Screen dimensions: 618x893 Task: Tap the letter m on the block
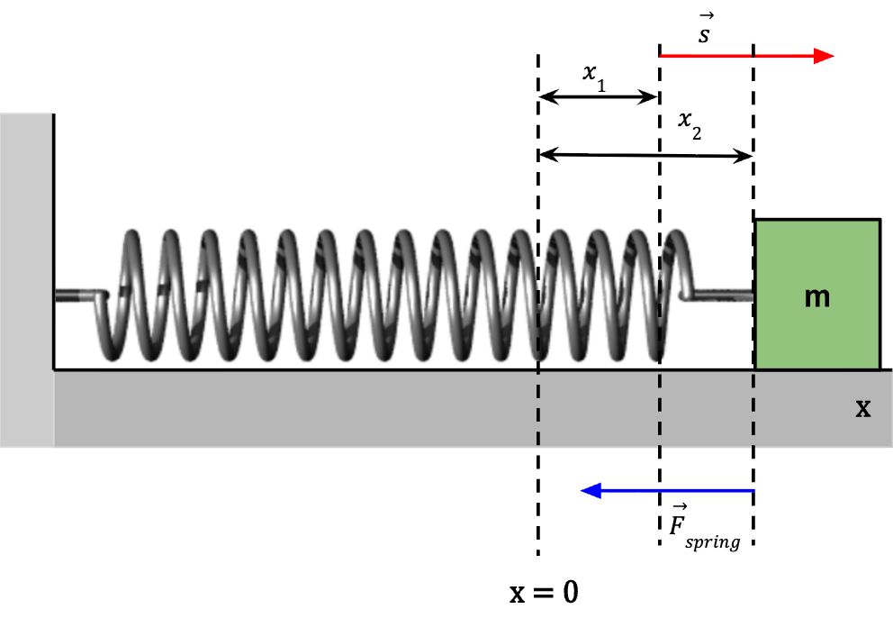click(816, 296)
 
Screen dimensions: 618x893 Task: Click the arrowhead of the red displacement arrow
click(824, 56)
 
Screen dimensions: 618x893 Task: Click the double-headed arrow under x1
click(599, 95)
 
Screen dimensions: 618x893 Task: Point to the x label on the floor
click(862, 408)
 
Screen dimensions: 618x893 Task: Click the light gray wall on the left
click(26, 279)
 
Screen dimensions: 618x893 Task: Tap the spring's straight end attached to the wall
click(79, 295)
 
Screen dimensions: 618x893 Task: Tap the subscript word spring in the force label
click(711, 543)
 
